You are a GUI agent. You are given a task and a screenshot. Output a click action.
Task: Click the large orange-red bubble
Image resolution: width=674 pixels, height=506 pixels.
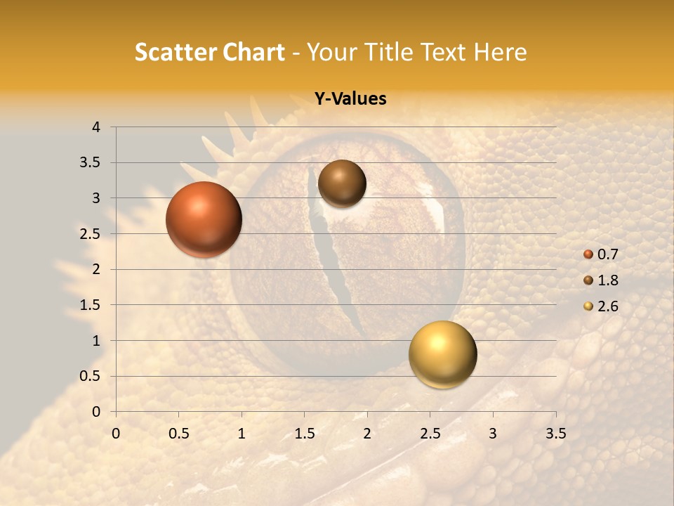pyautogui.click(x=204, y=219)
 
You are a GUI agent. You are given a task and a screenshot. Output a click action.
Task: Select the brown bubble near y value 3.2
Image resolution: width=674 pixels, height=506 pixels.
pyautogui.click(x=342, y=183)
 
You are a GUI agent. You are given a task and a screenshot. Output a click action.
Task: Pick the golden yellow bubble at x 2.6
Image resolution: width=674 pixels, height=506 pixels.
pyautogui.click(x=442, y=354)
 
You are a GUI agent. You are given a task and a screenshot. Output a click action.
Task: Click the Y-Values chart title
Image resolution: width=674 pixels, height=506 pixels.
pyautogui.click(x=350, y=99)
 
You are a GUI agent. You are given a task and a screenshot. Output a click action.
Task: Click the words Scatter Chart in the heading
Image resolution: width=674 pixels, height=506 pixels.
pyautogui.click(x=209, y=52)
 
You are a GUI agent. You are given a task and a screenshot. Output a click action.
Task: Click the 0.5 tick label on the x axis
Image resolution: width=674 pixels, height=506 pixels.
pyautogui.click(x=179, y=434)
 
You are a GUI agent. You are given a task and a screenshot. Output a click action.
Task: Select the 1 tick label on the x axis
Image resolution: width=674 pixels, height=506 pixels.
pyautogui.click(x=242, y=434)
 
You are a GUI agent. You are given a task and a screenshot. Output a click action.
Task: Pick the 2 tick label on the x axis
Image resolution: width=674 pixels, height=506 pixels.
pyautogui.click(x=367, y=434)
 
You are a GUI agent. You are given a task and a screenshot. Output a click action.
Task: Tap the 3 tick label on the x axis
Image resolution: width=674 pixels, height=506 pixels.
pyautogui.click(x=493, y=434)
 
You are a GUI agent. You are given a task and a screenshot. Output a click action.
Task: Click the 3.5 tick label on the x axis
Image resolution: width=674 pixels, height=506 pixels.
pyautogui.click(x=555, y=434)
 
